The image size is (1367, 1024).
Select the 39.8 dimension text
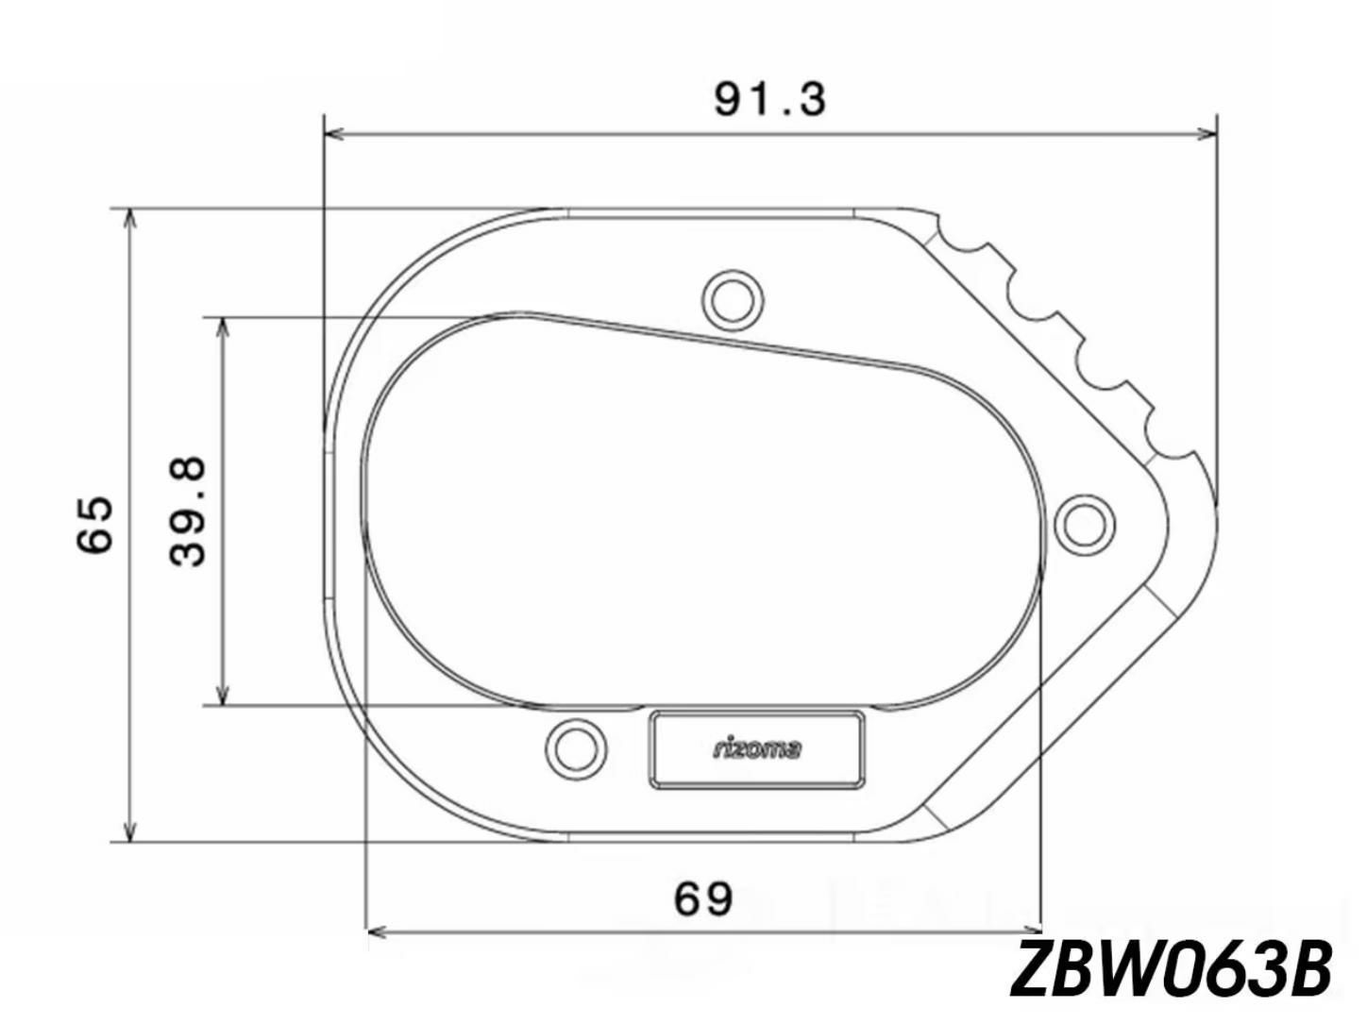point(187,512)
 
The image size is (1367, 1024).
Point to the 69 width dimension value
point(703,898)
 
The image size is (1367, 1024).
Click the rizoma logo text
point(757,749)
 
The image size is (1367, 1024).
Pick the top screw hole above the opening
point(733,301)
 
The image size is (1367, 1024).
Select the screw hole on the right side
point(1086,525)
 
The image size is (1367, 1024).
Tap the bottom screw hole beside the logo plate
point(576,749)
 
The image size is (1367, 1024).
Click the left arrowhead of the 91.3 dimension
point(334,133)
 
